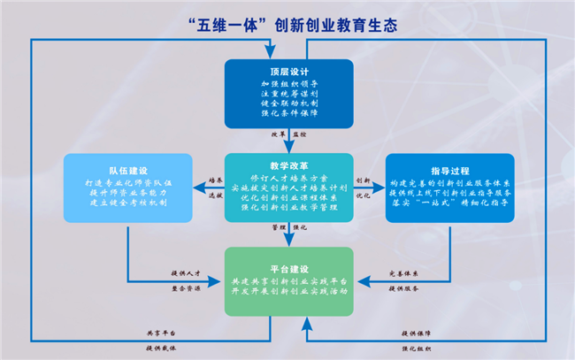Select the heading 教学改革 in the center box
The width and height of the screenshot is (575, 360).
287,165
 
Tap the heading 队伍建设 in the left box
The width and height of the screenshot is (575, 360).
128,169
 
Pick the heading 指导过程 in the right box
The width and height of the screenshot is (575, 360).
450,170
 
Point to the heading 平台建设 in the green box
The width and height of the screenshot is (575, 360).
288,268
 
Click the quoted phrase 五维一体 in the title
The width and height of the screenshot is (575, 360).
240,23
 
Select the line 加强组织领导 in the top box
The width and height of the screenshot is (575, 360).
287,83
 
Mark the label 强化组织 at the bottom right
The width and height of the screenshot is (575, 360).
417,348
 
